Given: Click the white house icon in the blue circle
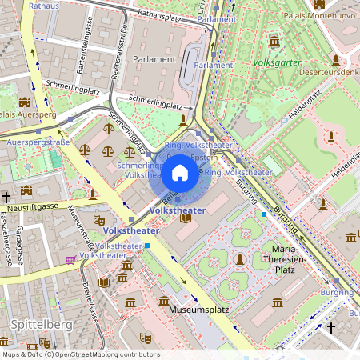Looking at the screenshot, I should [180, 173].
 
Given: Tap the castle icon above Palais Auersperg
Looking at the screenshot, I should [24, 102].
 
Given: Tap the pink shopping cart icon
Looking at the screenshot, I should [70, 259].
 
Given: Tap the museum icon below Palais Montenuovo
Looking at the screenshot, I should [274, 41].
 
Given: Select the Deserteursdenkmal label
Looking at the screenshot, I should [330, 71].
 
